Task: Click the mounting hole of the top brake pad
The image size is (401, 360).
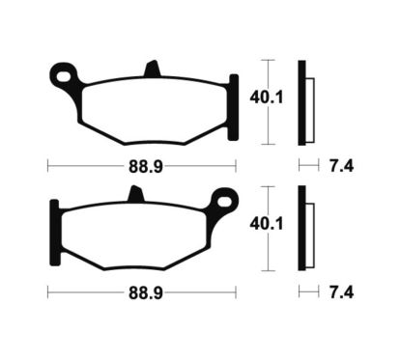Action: coord(64,72)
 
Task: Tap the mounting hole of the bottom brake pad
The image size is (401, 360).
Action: coord(226,202)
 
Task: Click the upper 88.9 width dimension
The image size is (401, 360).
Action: coord(142,165)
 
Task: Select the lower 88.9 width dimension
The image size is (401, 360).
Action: coord(142,290)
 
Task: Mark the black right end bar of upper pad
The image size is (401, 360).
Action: coord(233,98)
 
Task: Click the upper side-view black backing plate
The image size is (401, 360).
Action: coord(302,101)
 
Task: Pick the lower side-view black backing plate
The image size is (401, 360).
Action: coord(302,227)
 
